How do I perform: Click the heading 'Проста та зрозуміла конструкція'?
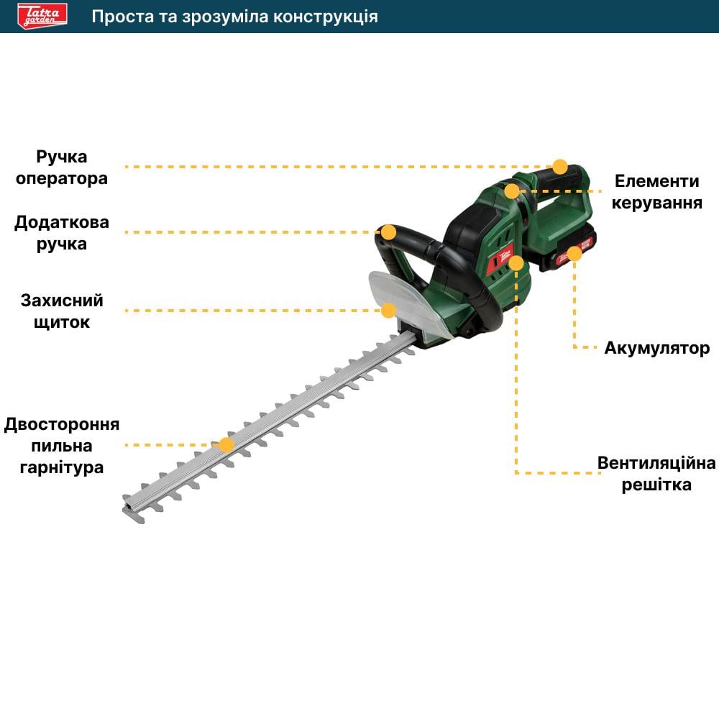click(234, 17)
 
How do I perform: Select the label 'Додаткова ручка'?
click(62, 232)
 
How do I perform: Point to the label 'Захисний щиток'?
click(62, 311)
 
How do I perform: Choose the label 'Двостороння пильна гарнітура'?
click(62, 445)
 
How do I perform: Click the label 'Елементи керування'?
click(656, 191)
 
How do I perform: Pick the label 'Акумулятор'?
click(656, 348)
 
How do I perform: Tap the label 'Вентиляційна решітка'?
click(656, 473)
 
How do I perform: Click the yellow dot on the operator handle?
click(560, 167)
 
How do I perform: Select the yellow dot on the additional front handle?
click(388, 232)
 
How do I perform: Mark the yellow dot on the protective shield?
click(388, 311)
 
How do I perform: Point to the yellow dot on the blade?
click(226, 445)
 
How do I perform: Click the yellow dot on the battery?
click(574, 253)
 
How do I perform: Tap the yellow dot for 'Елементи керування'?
click(512, 191)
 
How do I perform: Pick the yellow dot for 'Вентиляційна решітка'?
click(516, 263)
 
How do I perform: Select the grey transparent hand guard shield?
click(410, 302)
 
